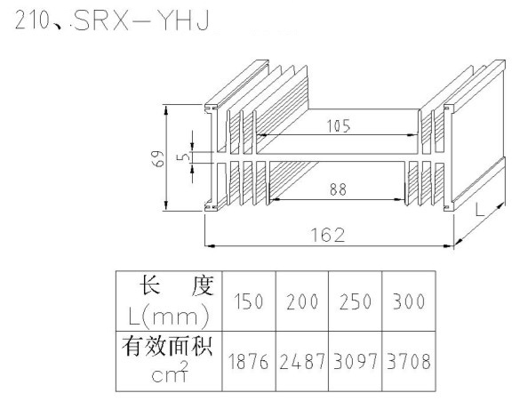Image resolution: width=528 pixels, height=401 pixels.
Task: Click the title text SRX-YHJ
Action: coord(141,20)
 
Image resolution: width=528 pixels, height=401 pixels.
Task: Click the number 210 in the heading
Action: coord(32,20)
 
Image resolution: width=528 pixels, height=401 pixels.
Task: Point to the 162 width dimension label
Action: coord(328,235)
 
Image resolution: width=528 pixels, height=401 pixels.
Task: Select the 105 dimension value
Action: coord(339,126)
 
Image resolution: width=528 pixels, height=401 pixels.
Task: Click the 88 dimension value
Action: coord(338,189)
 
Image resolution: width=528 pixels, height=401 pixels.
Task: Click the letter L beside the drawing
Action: coord(479,210)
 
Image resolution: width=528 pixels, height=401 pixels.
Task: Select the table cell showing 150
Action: coord(249,301)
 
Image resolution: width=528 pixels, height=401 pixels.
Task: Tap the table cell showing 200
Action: coord(302,301)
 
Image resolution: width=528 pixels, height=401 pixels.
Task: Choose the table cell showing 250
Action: coord(356,301)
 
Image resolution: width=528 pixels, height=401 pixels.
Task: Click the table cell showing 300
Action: coord(409,301)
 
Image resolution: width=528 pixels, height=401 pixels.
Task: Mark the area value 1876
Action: coord(249,362)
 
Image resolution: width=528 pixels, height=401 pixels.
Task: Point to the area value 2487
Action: coord(302,362)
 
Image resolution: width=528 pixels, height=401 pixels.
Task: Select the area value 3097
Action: coord(356,362)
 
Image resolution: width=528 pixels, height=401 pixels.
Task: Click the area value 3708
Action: coord(409,362)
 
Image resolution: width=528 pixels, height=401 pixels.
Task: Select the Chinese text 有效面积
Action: coord(167,346)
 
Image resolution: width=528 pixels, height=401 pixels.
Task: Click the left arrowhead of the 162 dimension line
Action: coord(210,245)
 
